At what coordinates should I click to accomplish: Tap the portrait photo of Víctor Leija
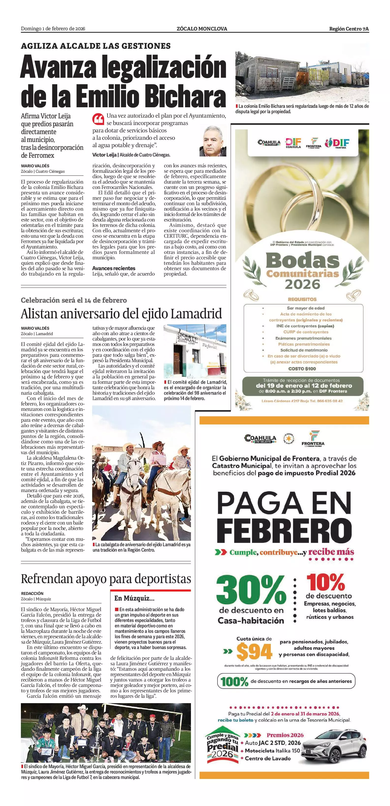point(213,141)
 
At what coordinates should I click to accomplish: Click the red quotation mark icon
point(98,119)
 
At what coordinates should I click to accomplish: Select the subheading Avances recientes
point(114,268)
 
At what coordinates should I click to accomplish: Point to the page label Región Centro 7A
point(349,29)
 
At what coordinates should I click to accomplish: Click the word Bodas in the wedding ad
point(303,260)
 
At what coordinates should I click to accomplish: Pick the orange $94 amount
point(254,651)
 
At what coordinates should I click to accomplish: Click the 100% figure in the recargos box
point(234,682)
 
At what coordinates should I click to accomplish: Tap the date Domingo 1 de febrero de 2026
point(53,29)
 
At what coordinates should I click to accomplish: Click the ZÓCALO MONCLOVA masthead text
point(202,29)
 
